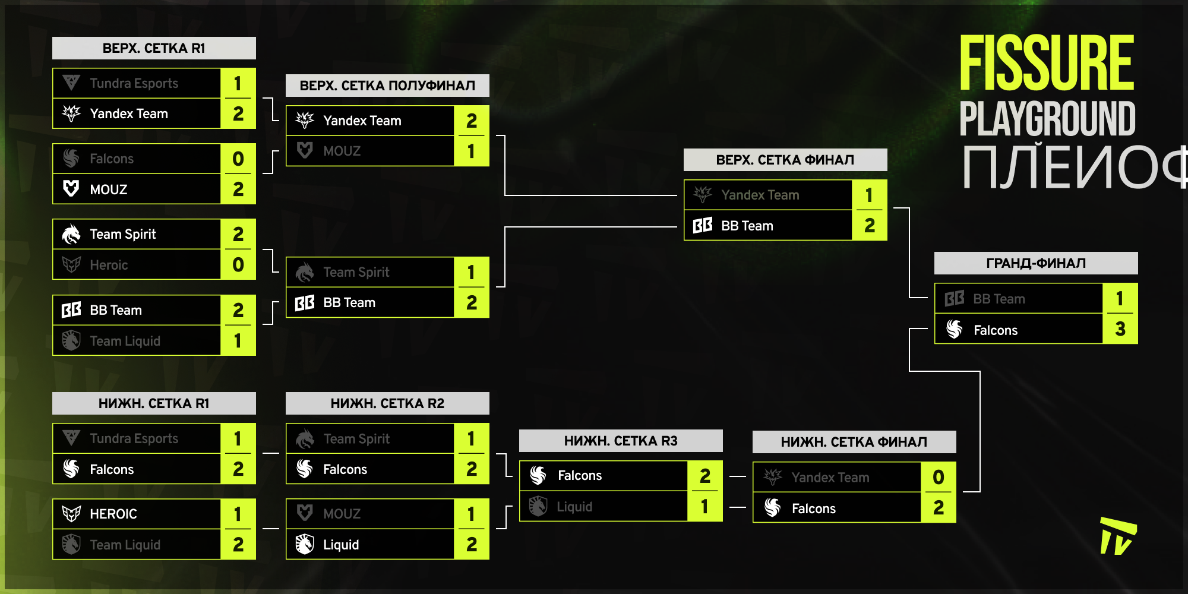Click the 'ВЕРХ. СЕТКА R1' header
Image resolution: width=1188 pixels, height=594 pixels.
click(x=154, y=48)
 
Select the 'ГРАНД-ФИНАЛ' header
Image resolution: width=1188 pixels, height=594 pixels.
click(x=1036, y=263)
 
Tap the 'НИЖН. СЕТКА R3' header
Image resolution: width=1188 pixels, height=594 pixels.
click(x=621, y=441)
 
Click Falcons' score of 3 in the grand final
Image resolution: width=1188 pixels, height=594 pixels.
click(x=1120, y=329)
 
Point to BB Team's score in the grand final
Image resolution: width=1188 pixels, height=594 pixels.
click(x=1120, y=298)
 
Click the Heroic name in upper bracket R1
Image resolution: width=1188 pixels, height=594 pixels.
click(x=109, y=265)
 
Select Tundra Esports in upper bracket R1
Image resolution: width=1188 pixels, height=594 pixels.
click(x=134, y=83)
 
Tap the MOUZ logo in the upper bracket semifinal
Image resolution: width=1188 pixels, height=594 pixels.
click(x=305, y=150)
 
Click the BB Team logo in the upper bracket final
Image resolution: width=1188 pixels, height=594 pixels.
click(x=703, y=226)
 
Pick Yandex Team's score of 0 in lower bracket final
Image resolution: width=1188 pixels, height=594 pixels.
click(x=939, y=477)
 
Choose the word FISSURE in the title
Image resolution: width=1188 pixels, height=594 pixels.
click(x=1047, y=63)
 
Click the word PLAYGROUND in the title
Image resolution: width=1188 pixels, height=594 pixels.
click(x=1047, y=119)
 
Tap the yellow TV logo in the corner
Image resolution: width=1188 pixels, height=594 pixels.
click(x=1117, y=536)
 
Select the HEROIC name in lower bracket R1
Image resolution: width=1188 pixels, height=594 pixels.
click(x=113, y=514)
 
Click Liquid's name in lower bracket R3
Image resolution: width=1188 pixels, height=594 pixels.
click(x=574, y=507)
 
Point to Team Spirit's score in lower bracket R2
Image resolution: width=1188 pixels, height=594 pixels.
click(x=471, y=438)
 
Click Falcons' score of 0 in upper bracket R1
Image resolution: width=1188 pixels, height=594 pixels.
click(x=238, y=159)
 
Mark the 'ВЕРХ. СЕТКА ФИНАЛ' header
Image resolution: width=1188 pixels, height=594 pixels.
click(x=785, y=160)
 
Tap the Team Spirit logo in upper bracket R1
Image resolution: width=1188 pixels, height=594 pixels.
click(x=71, y=234)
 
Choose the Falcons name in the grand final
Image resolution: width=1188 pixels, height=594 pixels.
click(x=996, y=330)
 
